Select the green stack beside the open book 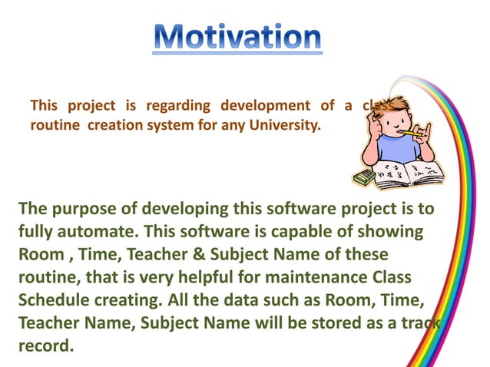coord(363,177)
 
